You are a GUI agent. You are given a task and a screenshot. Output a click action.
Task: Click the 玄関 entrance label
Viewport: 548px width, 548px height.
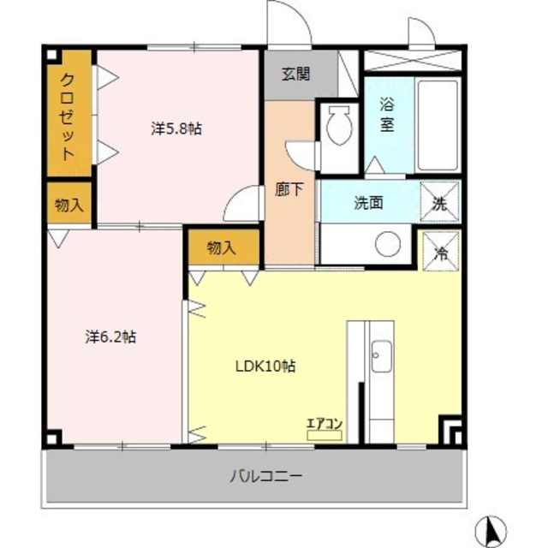(295, 74)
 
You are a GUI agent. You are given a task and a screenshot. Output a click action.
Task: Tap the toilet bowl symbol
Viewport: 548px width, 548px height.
(338, 126)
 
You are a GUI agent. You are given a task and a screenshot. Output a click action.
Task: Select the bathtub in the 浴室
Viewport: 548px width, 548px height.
(438, 125)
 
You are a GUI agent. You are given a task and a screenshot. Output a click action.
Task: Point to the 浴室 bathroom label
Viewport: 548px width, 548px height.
(387, 116)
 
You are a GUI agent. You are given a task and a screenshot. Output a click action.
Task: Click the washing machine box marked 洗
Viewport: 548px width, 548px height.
(439, 202)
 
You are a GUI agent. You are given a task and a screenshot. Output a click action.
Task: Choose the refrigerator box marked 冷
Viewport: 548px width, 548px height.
(440, 251)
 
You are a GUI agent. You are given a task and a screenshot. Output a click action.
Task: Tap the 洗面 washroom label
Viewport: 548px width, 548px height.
(368, 203)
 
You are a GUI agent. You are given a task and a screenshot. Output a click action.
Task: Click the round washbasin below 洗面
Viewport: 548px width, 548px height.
(388, 243)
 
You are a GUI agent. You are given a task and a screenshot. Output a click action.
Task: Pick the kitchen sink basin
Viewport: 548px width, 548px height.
(381, 356)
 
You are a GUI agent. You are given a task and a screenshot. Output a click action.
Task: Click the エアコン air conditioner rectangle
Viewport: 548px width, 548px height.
(324, 435)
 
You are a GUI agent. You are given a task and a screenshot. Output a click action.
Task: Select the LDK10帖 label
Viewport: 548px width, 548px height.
(265, 366)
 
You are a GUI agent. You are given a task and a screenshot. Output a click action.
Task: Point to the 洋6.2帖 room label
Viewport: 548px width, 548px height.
(110, 337)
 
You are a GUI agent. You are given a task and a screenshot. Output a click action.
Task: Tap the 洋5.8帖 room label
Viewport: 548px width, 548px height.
(176, 128)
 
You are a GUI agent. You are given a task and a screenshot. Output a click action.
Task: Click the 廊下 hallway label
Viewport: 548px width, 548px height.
(289, 189)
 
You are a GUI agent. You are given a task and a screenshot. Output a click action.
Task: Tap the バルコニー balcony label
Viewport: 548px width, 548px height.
(265, 476)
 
